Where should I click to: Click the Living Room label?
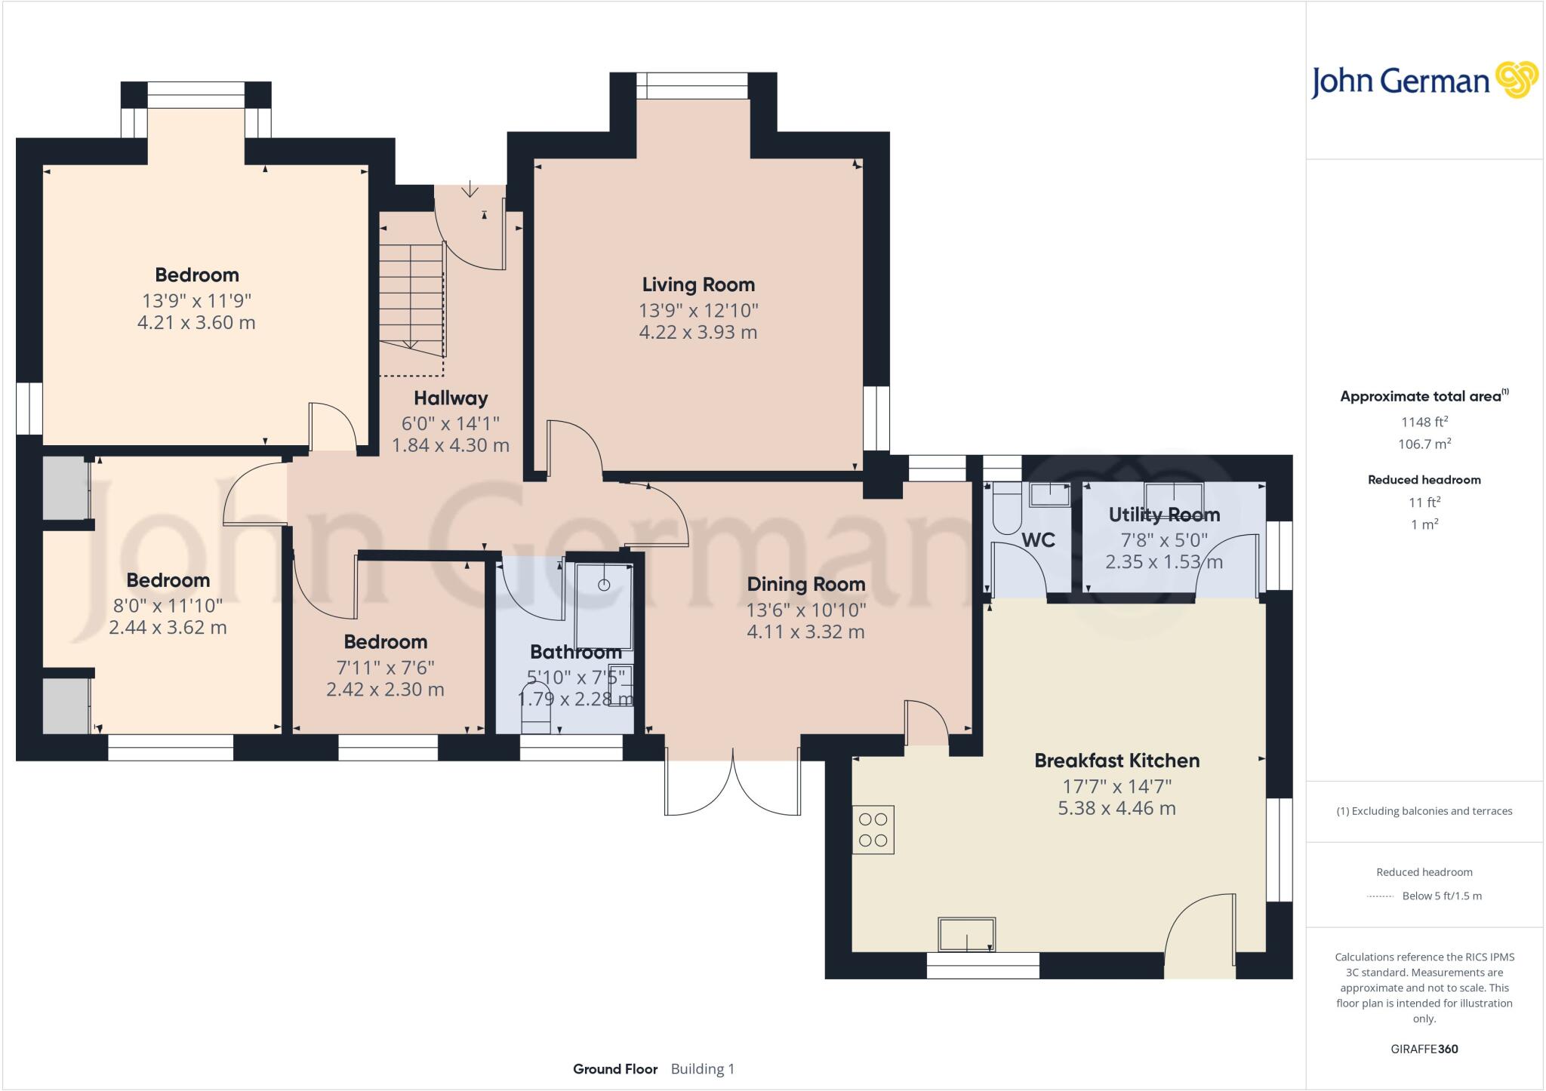coord(698,284)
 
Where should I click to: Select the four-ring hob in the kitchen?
coord(873,830)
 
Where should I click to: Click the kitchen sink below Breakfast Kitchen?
coord(966,935)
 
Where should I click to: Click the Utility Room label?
coord(1164,515)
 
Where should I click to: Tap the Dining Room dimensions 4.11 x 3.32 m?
coord(805,632)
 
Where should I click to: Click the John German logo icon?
coord(1517,80)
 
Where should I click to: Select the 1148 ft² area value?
coord(1424,423)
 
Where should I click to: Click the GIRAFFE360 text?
coord(1424,1049)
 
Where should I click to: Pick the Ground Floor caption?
coord(615,1068)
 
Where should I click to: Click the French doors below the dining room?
coord(732,785)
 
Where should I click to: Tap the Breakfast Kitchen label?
coord(1116,761)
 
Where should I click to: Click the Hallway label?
coord(451,398)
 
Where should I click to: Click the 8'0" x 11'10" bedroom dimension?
coord(168,605)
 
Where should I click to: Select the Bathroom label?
coord(575,652)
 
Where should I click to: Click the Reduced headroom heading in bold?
coord(1424,480)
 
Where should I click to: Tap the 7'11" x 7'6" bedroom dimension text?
coord(385,668)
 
